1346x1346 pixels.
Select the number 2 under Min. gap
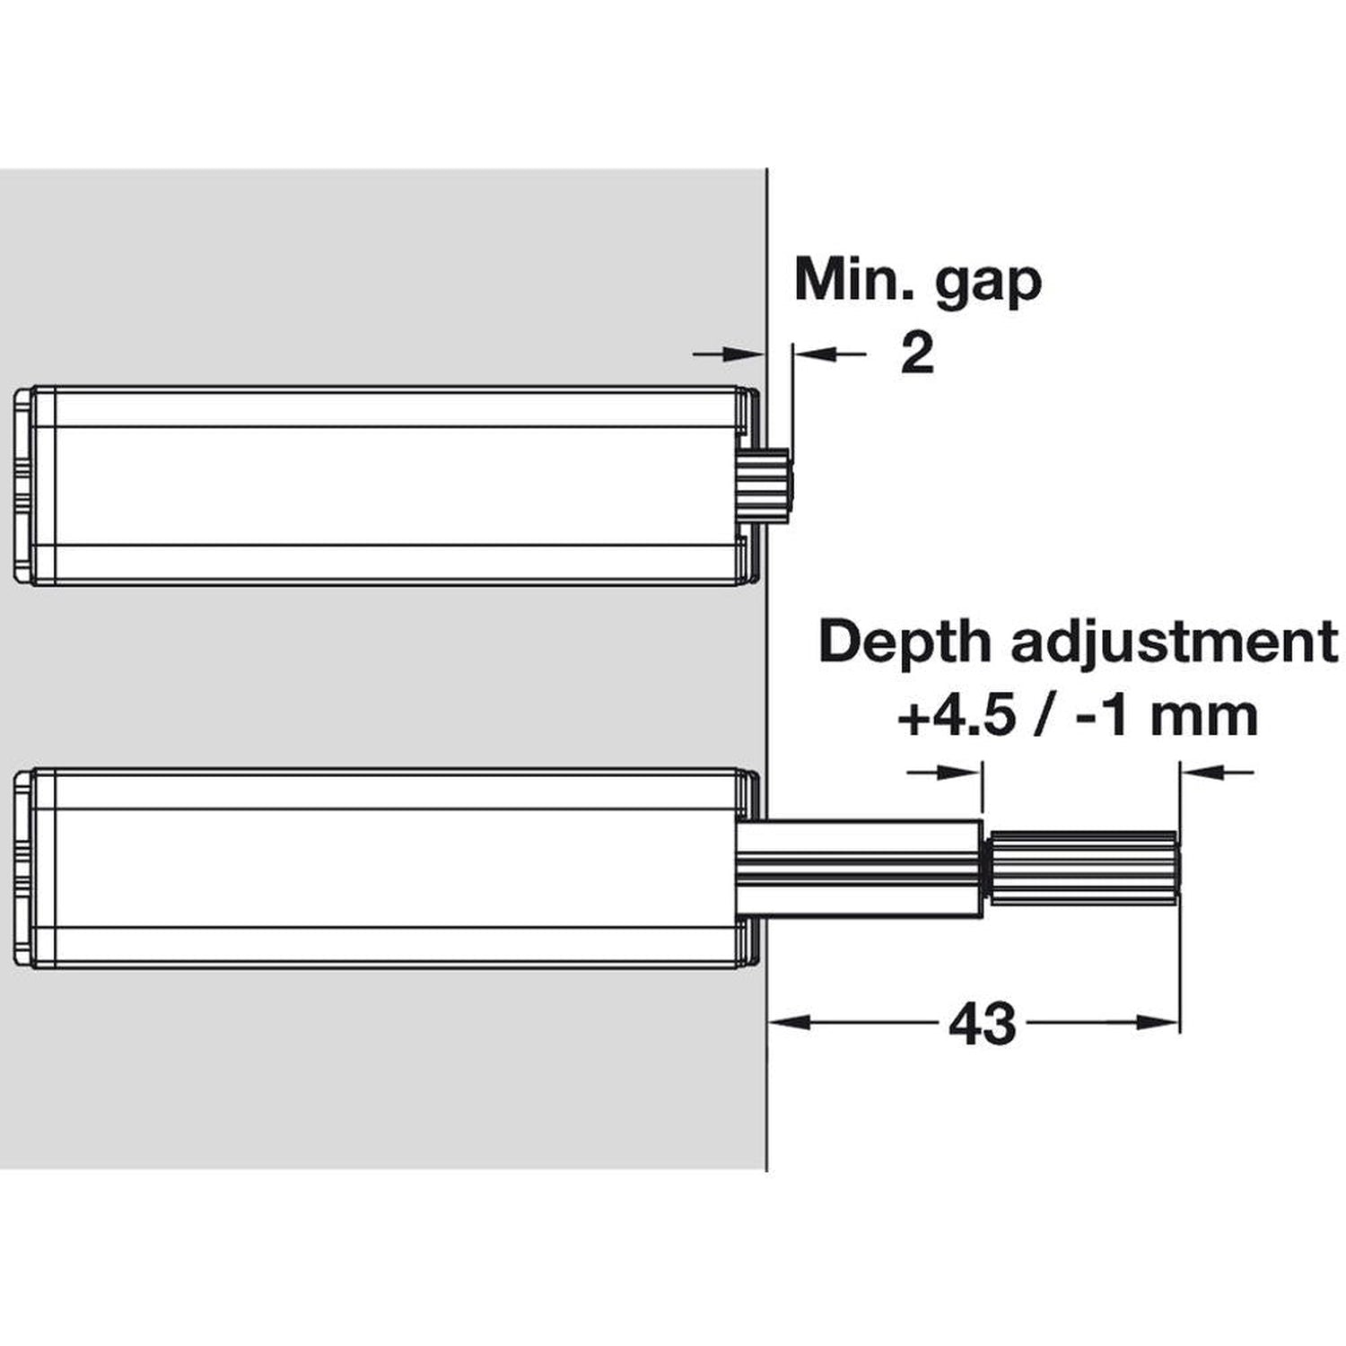(x=916, y=355)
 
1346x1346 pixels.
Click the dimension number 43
(x=982, y=1023)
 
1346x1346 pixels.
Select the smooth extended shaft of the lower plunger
(x=861, y=868)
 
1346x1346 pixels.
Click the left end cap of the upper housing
(x=25, y=485)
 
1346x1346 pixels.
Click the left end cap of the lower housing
(x=25, y=868)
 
